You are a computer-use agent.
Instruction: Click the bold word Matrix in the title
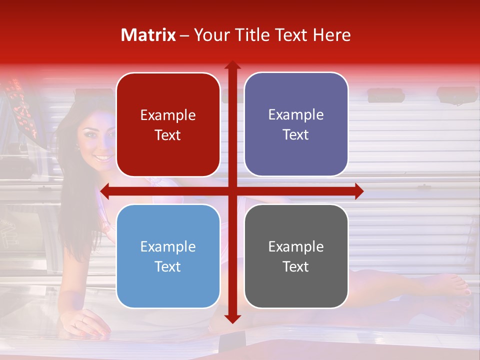click(x=148, y=35)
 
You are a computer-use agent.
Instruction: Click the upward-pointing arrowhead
click(x=232, y=65)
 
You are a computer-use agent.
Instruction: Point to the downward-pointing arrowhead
click(x=232, y=318)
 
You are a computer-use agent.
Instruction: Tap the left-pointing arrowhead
click(x=104, y=191)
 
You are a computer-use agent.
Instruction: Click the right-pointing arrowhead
click(x=359, y=191)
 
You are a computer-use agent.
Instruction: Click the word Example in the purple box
click(x=296, y=115)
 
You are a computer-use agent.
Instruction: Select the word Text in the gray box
click(x=296, y=266)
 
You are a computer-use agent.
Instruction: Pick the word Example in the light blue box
click(x=168, y=246)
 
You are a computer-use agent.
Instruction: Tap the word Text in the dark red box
click(x=168, y=135)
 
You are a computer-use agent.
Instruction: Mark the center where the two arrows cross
click(x=232, y=191)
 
